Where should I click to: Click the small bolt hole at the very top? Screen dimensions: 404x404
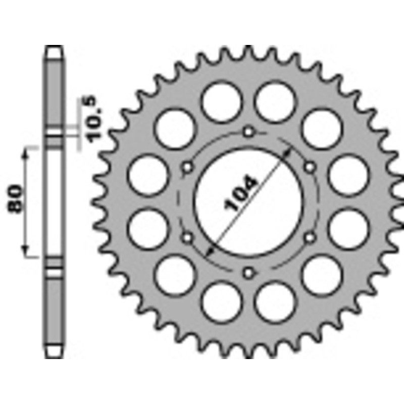point(247,132)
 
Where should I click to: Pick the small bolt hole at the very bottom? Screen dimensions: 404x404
point(247,273)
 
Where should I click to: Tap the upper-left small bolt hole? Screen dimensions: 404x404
point(187,167)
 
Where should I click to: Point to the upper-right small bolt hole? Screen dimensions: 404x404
point(309,167)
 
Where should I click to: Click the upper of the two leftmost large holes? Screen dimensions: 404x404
point(147,175)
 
